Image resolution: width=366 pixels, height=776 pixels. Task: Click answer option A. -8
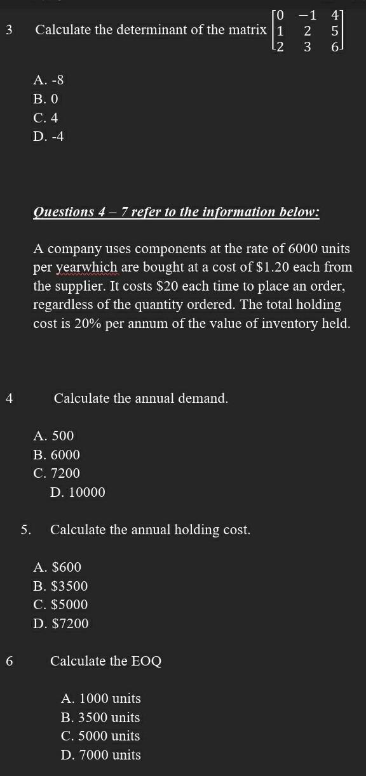click(49, 81)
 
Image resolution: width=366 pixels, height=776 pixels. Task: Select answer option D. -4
click(49, 136)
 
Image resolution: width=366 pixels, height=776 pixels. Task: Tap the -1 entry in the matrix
click(307, 15)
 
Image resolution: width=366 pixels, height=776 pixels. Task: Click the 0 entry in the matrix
click(280, 15)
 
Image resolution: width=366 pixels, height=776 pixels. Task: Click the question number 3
click(8, 30)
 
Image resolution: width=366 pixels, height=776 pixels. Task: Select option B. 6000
click(57, 455)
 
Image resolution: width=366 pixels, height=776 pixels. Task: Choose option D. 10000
click(78, 492)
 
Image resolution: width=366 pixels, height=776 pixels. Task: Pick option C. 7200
click(57, 473)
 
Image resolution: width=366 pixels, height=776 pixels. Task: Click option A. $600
click(58, 567)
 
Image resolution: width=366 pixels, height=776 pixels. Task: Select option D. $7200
click(61, 624)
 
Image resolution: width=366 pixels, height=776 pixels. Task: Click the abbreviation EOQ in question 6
click(146, 661)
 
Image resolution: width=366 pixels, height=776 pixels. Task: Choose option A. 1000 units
click(101, 699)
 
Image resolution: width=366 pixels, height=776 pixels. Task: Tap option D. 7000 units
click(101, 755)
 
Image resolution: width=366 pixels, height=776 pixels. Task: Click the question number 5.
click(25, 530)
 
